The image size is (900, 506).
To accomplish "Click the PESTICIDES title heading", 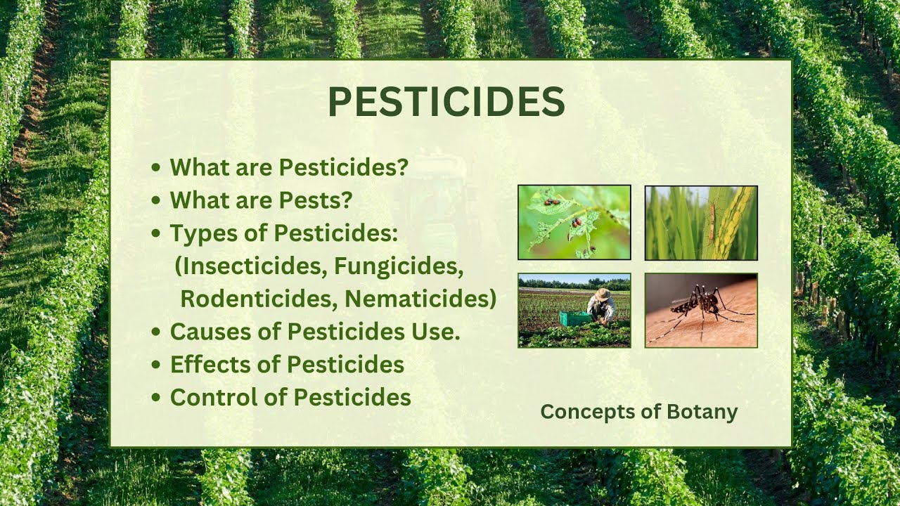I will click(446, 103).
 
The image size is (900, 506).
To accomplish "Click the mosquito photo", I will click(701, 310).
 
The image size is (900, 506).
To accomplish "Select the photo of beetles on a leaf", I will click(574, 222).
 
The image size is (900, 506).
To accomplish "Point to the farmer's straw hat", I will click(602, 294).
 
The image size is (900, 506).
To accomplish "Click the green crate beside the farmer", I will click(574, 319).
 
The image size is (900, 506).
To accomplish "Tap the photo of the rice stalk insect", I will click(701, 222).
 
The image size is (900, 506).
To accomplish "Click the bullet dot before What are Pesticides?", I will click(156, 168).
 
